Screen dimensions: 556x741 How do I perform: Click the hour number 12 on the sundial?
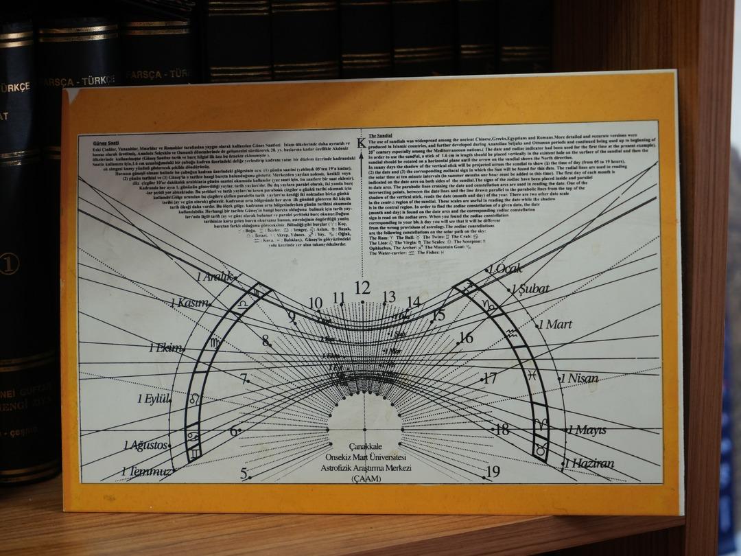(x=362, y=288)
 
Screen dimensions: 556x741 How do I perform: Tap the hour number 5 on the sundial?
(x=244, y=473)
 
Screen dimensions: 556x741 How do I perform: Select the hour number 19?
(x=493, y=472)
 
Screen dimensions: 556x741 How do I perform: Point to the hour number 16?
(x=466, y=338)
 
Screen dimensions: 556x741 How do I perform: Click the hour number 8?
(x=266, y=340)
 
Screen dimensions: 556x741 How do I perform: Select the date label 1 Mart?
(x=555, y=324)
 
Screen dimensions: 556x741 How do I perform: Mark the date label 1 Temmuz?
(x=145, y=472)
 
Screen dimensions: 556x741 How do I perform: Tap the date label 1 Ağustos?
(x=145, y=445)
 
